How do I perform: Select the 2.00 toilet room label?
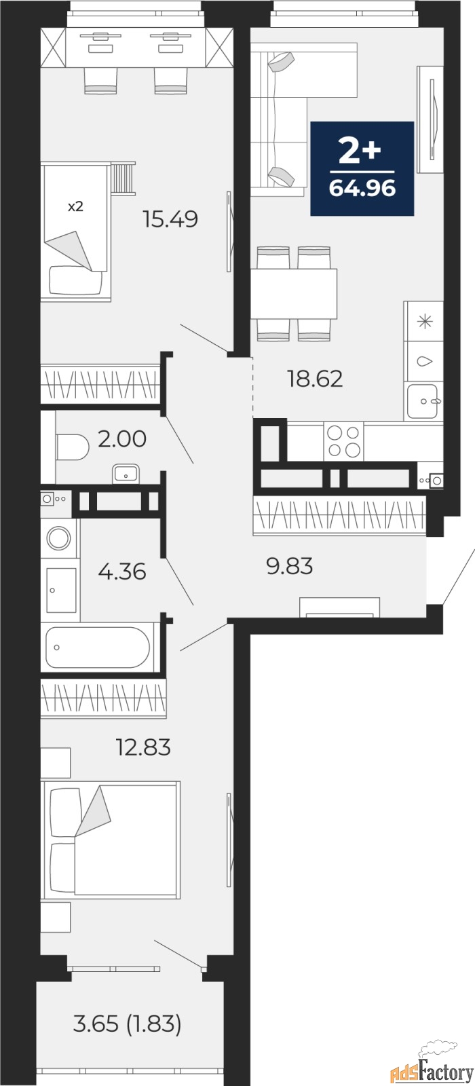(121, 439)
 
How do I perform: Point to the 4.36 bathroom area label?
(121, 571)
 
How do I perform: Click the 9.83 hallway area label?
(290, 565)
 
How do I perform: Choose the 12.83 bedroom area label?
(142, 747)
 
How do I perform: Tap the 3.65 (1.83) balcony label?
(127, 1024)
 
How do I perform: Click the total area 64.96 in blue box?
(362, 187)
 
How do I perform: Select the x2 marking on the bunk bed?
(75, 207)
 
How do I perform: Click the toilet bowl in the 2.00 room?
(72, 447)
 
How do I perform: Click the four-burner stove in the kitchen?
(343, 441)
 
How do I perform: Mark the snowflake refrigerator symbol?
(424, 322)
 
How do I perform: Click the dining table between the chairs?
(294, 293)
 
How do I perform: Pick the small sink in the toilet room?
(126, 473)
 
